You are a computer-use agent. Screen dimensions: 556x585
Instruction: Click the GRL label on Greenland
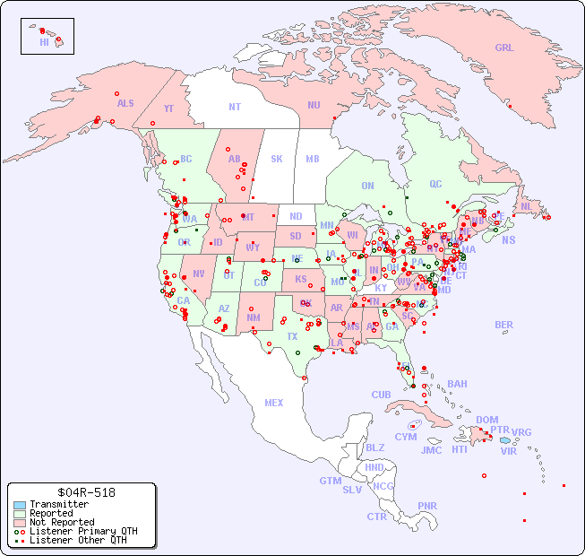(504, 48)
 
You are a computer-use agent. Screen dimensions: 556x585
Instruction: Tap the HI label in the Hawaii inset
(44, 42)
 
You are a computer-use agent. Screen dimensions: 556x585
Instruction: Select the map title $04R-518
(82, 492)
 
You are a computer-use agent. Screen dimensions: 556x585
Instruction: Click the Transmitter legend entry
(58, 505)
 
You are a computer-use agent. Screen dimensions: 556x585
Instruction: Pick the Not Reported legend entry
(61, 522)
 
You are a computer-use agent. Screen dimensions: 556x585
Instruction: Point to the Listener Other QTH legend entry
(77, 540)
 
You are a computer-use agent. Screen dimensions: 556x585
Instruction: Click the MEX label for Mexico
(274, 403)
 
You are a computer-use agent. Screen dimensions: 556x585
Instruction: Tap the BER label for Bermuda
(504, 325)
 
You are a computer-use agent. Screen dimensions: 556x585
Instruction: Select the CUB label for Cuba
(381, 395)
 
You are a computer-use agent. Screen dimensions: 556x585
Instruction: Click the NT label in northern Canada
(235, 107)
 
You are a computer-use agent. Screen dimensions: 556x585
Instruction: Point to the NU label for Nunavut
(314, 105)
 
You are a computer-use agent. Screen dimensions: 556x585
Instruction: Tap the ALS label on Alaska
(125, 103)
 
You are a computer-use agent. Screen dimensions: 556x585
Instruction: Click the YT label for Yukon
(168, 109)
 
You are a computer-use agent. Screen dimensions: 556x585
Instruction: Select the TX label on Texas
(292, 336)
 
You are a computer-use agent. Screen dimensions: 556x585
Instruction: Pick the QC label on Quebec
(435, 184)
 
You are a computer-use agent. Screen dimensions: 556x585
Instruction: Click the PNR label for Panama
(427, 506)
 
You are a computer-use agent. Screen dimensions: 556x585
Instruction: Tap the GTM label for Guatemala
(330, 481)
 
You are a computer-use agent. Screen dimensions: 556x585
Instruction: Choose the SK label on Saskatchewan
(277, 159)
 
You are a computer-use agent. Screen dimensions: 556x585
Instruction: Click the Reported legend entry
(54, 514)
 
